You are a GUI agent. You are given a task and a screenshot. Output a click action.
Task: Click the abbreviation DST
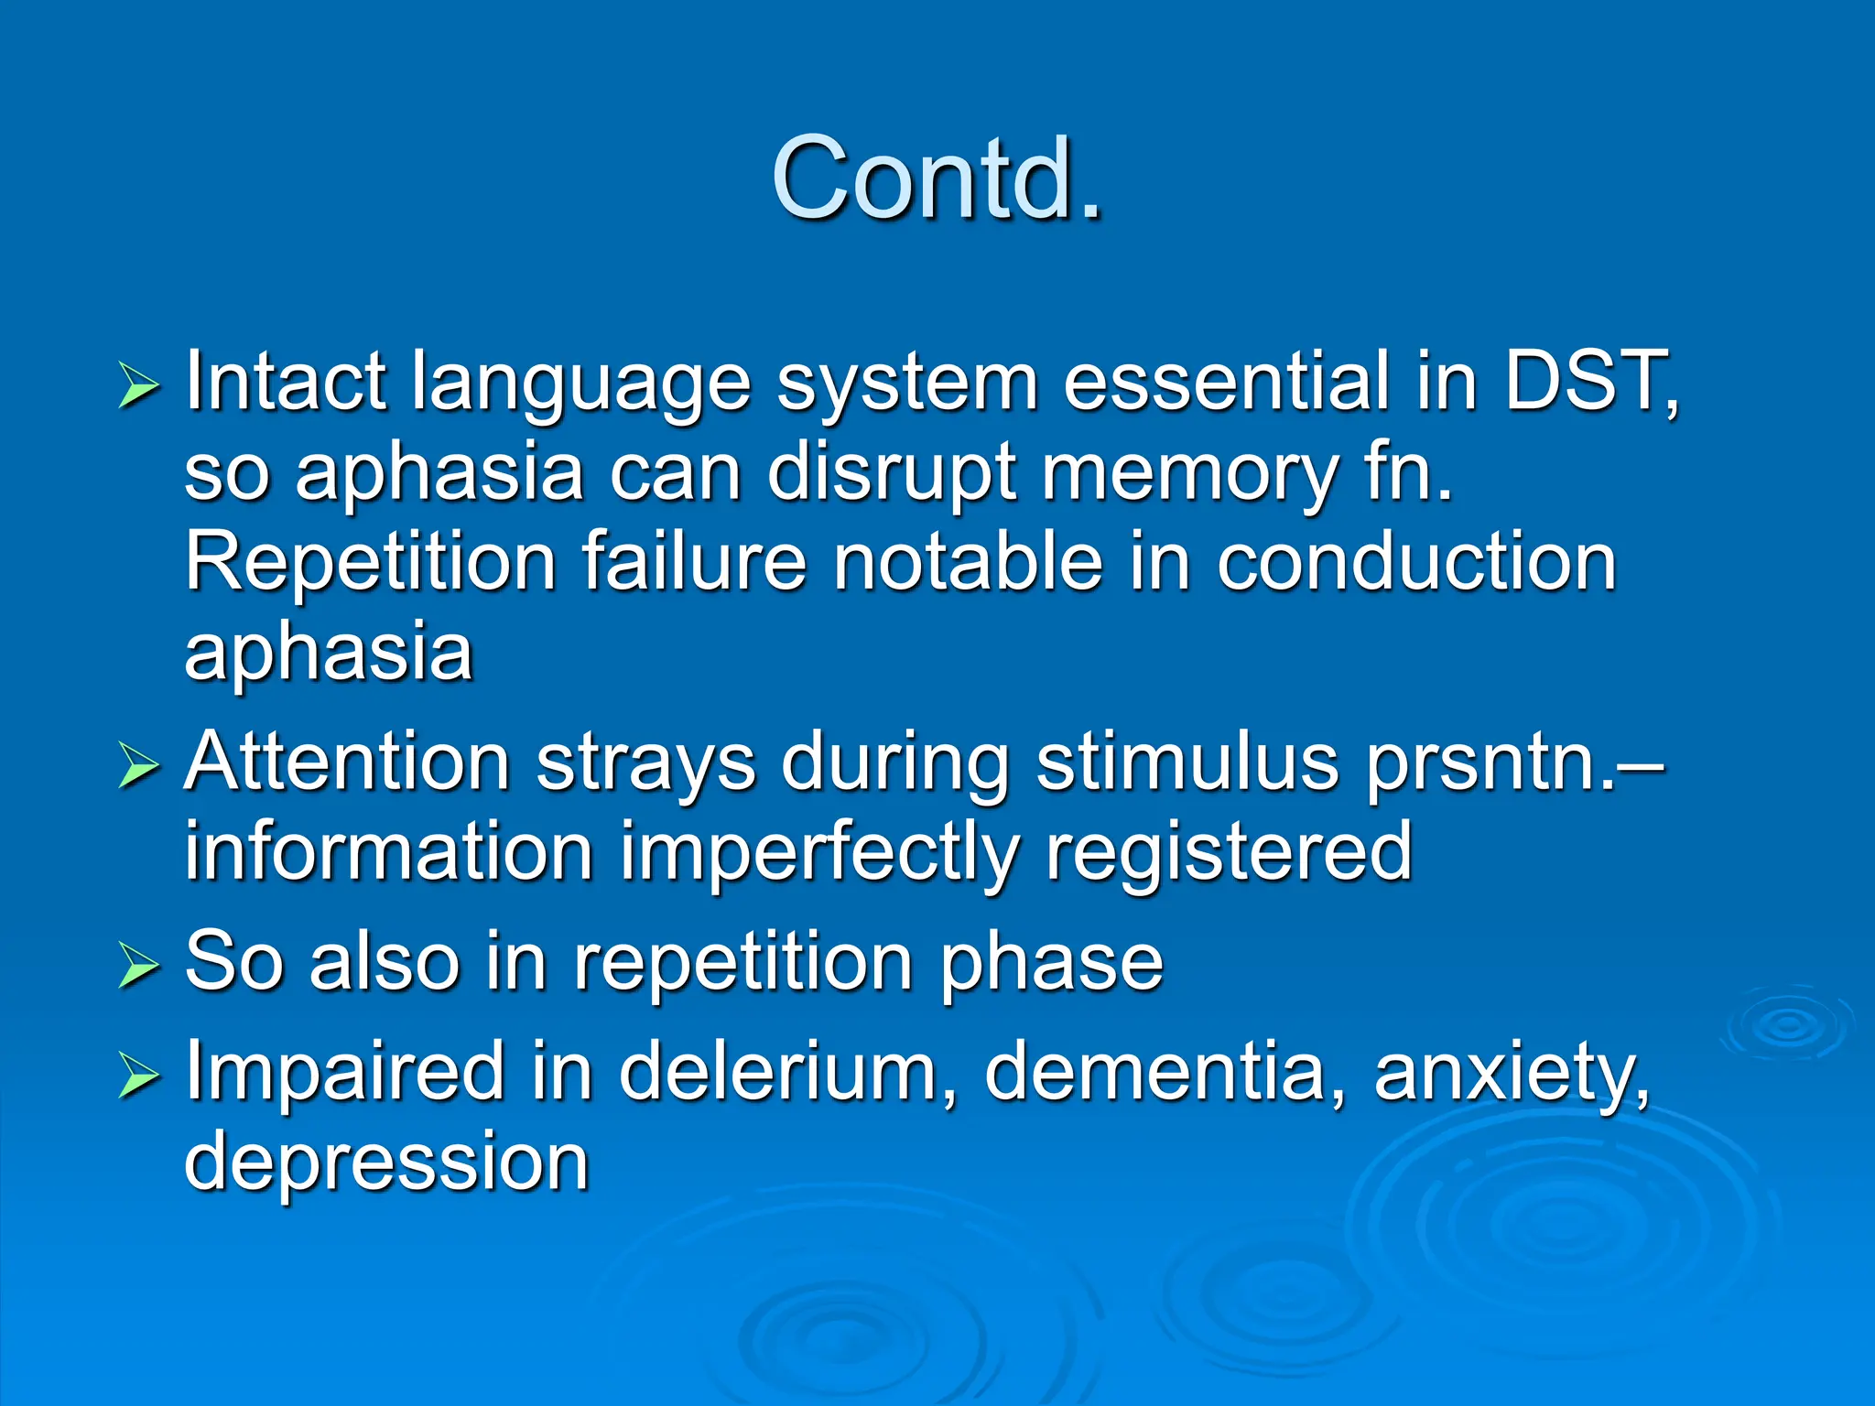1588,381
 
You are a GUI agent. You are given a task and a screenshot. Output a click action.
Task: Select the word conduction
1416,562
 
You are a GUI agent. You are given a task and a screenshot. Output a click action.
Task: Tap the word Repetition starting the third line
371,564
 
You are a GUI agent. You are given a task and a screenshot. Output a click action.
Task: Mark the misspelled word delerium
787,1071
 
